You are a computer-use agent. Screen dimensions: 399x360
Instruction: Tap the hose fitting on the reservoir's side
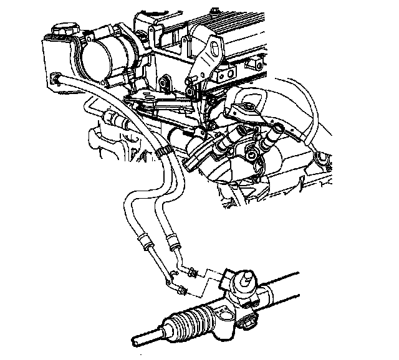click(57, 78)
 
